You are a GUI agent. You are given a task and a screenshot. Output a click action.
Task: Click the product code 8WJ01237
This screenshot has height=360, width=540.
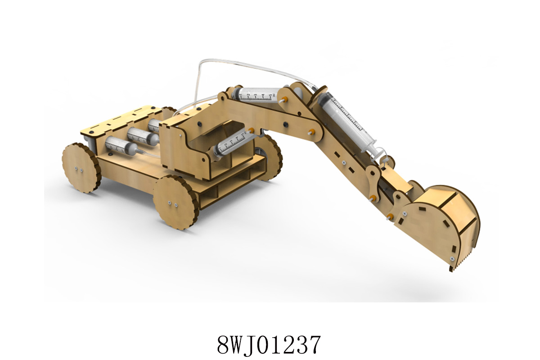tap(269, 344)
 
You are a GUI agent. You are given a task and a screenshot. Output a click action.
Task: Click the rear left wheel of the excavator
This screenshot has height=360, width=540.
tap(81, 168)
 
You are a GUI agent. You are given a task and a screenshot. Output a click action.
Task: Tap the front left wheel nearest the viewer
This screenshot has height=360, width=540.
tap(176, 202)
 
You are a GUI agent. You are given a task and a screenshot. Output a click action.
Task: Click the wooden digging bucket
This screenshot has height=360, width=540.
tap(439, 224)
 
